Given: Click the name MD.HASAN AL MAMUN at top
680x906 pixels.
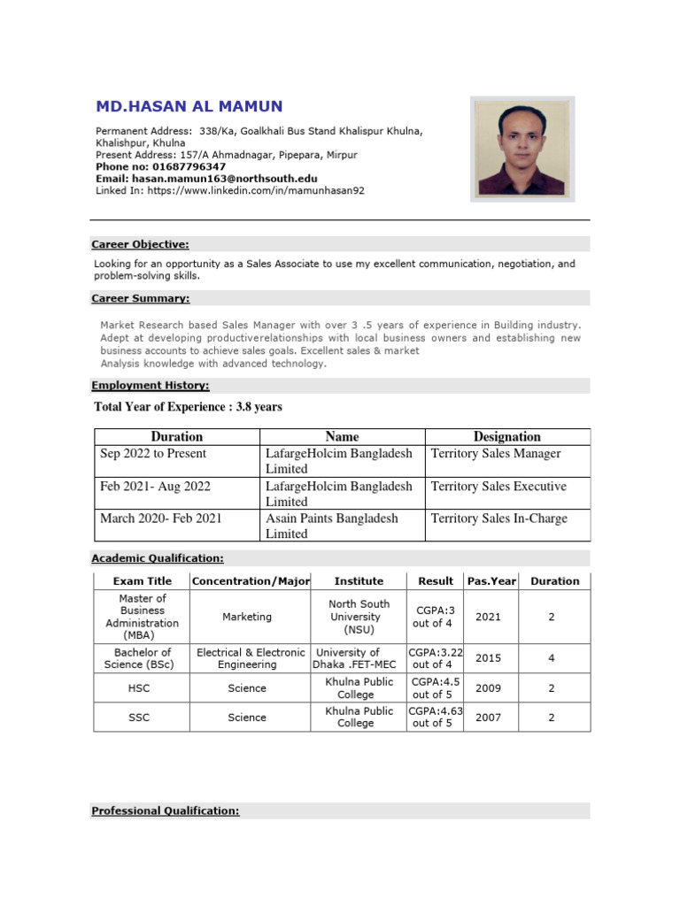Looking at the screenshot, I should pos(189,107).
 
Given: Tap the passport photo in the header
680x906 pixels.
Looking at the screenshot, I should pos(509,148).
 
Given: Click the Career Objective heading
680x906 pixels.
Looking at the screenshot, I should pos(140,244).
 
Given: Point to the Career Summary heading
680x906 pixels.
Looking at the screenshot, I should pos(140,299).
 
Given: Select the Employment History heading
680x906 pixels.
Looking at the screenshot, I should pos(151,386).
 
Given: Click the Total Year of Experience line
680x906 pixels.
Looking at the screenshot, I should pos(188,407).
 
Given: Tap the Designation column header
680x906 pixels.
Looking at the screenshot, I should pos(506,436).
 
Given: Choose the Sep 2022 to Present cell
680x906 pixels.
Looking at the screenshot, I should pos(153,454).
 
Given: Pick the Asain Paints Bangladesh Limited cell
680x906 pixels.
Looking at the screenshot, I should pos(332,526).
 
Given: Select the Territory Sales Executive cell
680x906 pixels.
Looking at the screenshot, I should pos(498,487).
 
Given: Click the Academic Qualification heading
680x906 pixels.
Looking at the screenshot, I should pos(158,558).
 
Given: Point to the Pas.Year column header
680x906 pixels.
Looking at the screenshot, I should pos(487,581).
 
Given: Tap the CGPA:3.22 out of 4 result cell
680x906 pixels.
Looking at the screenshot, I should pos(433,658).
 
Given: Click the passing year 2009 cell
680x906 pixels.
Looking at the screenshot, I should pos(488,687).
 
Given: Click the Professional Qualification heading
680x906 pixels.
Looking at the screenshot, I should pos(165,810).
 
